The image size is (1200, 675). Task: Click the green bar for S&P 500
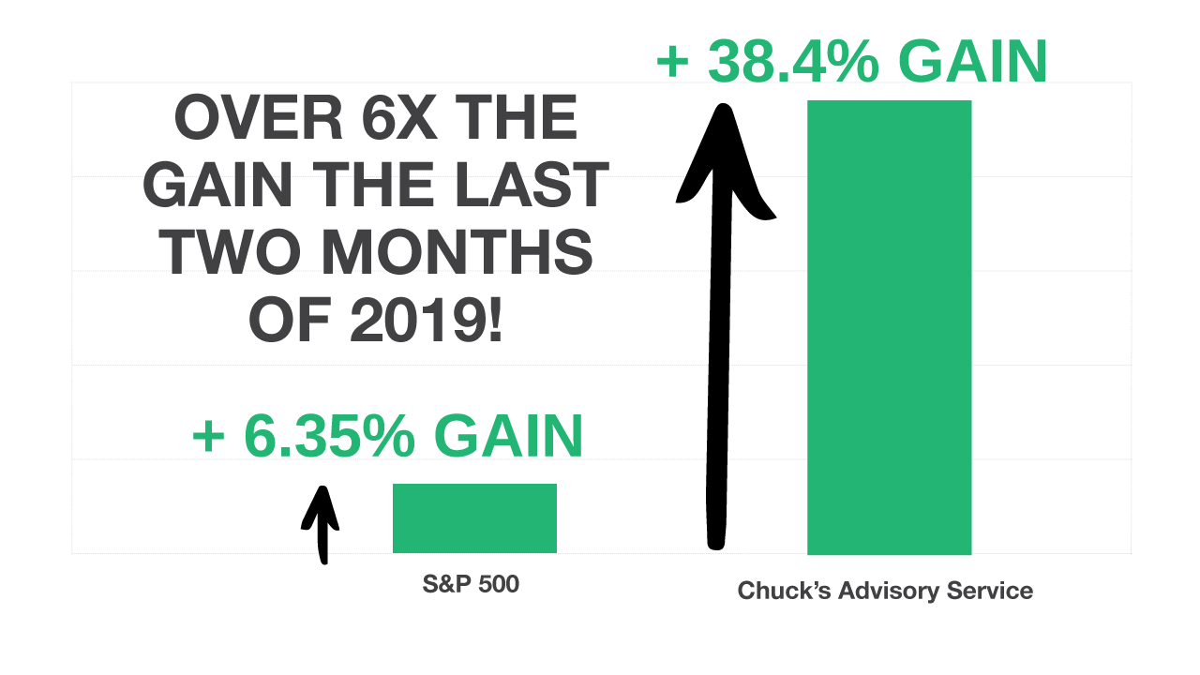[474, 518]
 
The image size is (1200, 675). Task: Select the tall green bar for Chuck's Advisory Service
[889, 327]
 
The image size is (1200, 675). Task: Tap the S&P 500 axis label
[471, 585]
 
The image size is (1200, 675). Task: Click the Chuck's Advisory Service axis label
[885, 591]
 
